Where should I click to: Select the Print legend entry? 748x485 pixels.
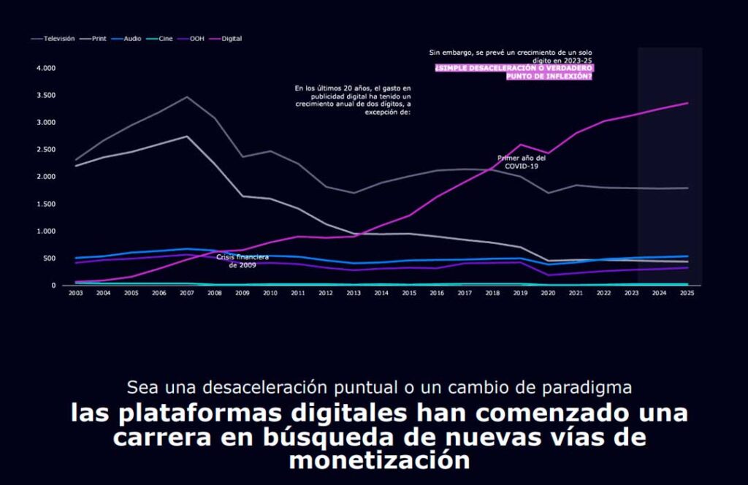(x=103, y=38)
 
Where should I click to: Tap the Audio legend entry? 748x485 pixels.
(x=132, y=38)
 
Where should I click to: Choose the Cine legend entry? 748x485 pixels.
(x=165, y=38)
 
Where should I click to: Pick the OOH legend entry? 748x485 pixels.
(x=196, y=38)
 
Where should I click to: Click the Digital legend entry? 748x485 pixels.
(x=231, y=38)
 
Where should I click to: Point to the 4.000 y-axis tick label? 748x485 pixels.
(x=45, y=68)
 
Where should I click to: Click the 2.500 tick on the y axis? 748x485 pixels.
(x=45, y=150)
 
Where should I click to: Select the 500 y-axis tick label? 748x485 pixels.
(x=50, y=259)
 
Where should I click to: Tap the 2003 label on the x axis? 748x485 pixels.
(x=76, y=293)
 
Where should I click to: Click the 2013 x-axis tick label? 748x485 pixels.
(x=354, y=293)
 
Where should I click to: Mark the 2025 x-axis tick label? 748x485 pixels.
(x=687, y=293)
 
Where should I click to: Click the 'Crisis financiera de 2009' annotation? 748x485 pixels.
(x=243, y=261)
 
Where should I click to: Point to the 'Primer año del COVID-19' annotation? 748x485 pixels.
(x=522, y=161)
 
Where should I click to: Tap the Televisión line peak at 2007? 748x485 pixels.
(x=187, y=97)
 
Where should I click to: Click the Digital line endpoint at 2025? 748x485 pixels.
(x=687, y=103)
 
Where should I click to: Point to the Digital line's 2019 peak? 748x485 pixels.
(x=520, y=145)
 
